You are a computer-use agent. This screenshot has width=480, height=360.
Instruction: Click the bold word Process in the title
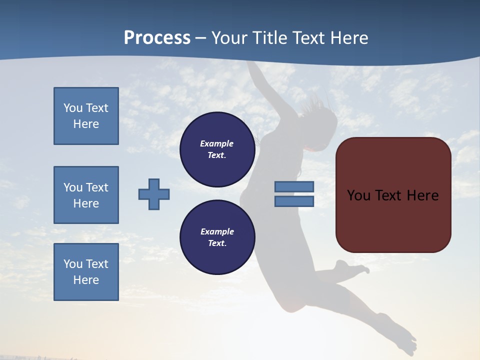(x=157, y=38)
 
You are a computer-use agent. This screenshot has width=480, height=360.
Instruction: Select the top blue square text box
(x=86, y=116)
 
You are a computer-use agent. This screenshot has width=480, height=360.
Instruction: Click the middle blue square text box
(x=86, y=195)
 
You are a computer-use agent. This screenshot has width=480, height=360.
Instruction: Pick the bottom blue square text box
(x=86, y=272)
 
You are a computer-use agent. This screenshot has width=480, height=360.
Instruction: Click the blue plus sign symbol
(x=154, y=194)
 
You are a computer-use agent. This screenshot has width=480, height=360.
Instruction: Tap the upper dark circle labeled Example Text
(x=217, y=149)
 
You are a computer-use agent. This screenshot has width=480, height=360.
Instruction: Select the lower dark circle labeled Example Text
(x=217, y=237)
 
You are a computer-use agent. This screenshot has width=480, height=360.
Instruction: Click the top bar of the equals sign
(x=294, y=186)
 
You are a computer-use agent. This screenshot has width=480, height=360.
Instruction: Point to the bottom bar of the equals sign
(x=294, y=201)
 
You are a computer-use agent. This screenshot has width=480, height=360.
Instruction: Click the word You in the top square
(x=73, y=108)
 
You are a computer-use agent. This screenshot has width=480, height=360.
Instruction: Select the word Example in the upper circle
(x=217, y=143)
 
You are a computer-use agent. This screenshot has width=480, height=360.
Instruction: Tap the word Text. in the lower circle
(x=217, y=243)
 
